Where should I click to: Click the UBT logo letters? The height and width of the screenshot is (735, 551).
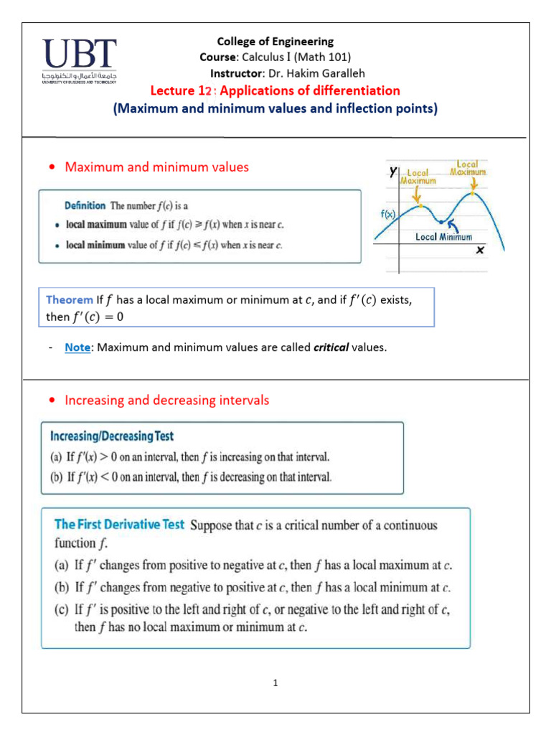pyautogui.click(x=79, y=55)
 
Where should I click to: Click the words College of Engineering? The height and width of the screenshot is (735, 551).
pyautogui.click(x=275, y=42)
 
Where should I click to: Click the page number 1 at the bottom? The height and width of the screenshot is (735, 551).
pyautogui.click(x=275, y=683)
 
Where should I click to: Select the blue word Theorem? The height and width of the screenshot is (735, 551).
pyautogui.click(x=70, y=299)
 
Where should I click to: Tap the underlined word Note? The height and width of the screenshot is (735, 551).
pyautogui.click(x=77, y=347)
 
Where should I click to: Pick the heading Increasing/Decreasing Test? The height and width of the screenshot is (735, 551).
pyautogui.click(x=111, y=436)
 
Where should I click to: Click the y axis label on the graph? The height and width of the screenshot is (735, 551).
pyautogui.click(x=392, y=171)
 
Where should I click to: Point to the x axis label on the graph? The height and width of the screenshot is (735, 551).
pyautogui.click(x=479, y=250)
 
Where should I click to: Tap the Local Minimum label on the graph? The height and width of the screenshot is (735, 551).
pyautogui.click(x=444, y=236)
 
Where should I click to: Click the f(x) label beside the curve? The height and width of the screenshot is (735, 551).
pyautogui.click(x=387, y=214)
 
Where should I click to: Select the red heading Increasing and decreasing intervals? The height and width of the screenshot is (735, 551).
pyautogui.click(x=167, y=400)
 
